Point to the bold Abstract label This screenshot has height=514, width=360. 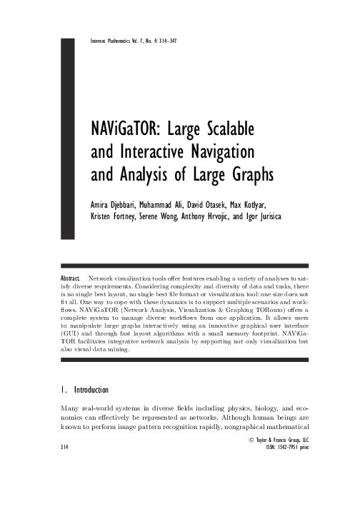coord(68,276)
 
